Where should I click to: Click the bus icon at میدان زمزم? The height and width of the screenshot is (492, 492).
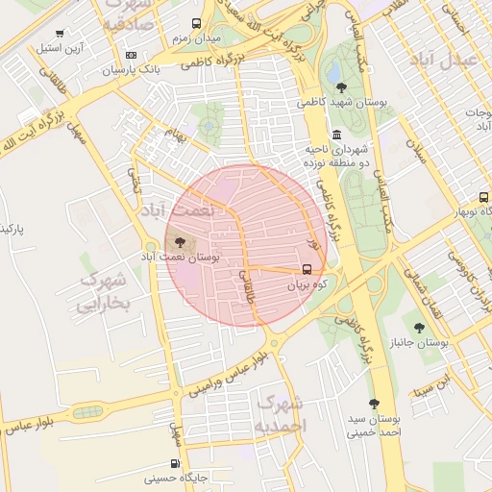coord(197,24)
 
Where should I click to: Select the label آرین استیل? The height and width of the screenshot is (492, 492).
coord(61,47)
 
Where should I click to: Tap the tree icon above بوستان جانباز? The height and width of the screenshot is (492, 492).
coord(418,329)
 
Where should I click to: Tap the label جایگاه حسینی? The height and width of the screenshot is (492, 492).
coord(176,477)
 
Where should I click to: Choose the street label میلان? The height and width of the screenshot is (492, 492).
coord(415,150)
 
